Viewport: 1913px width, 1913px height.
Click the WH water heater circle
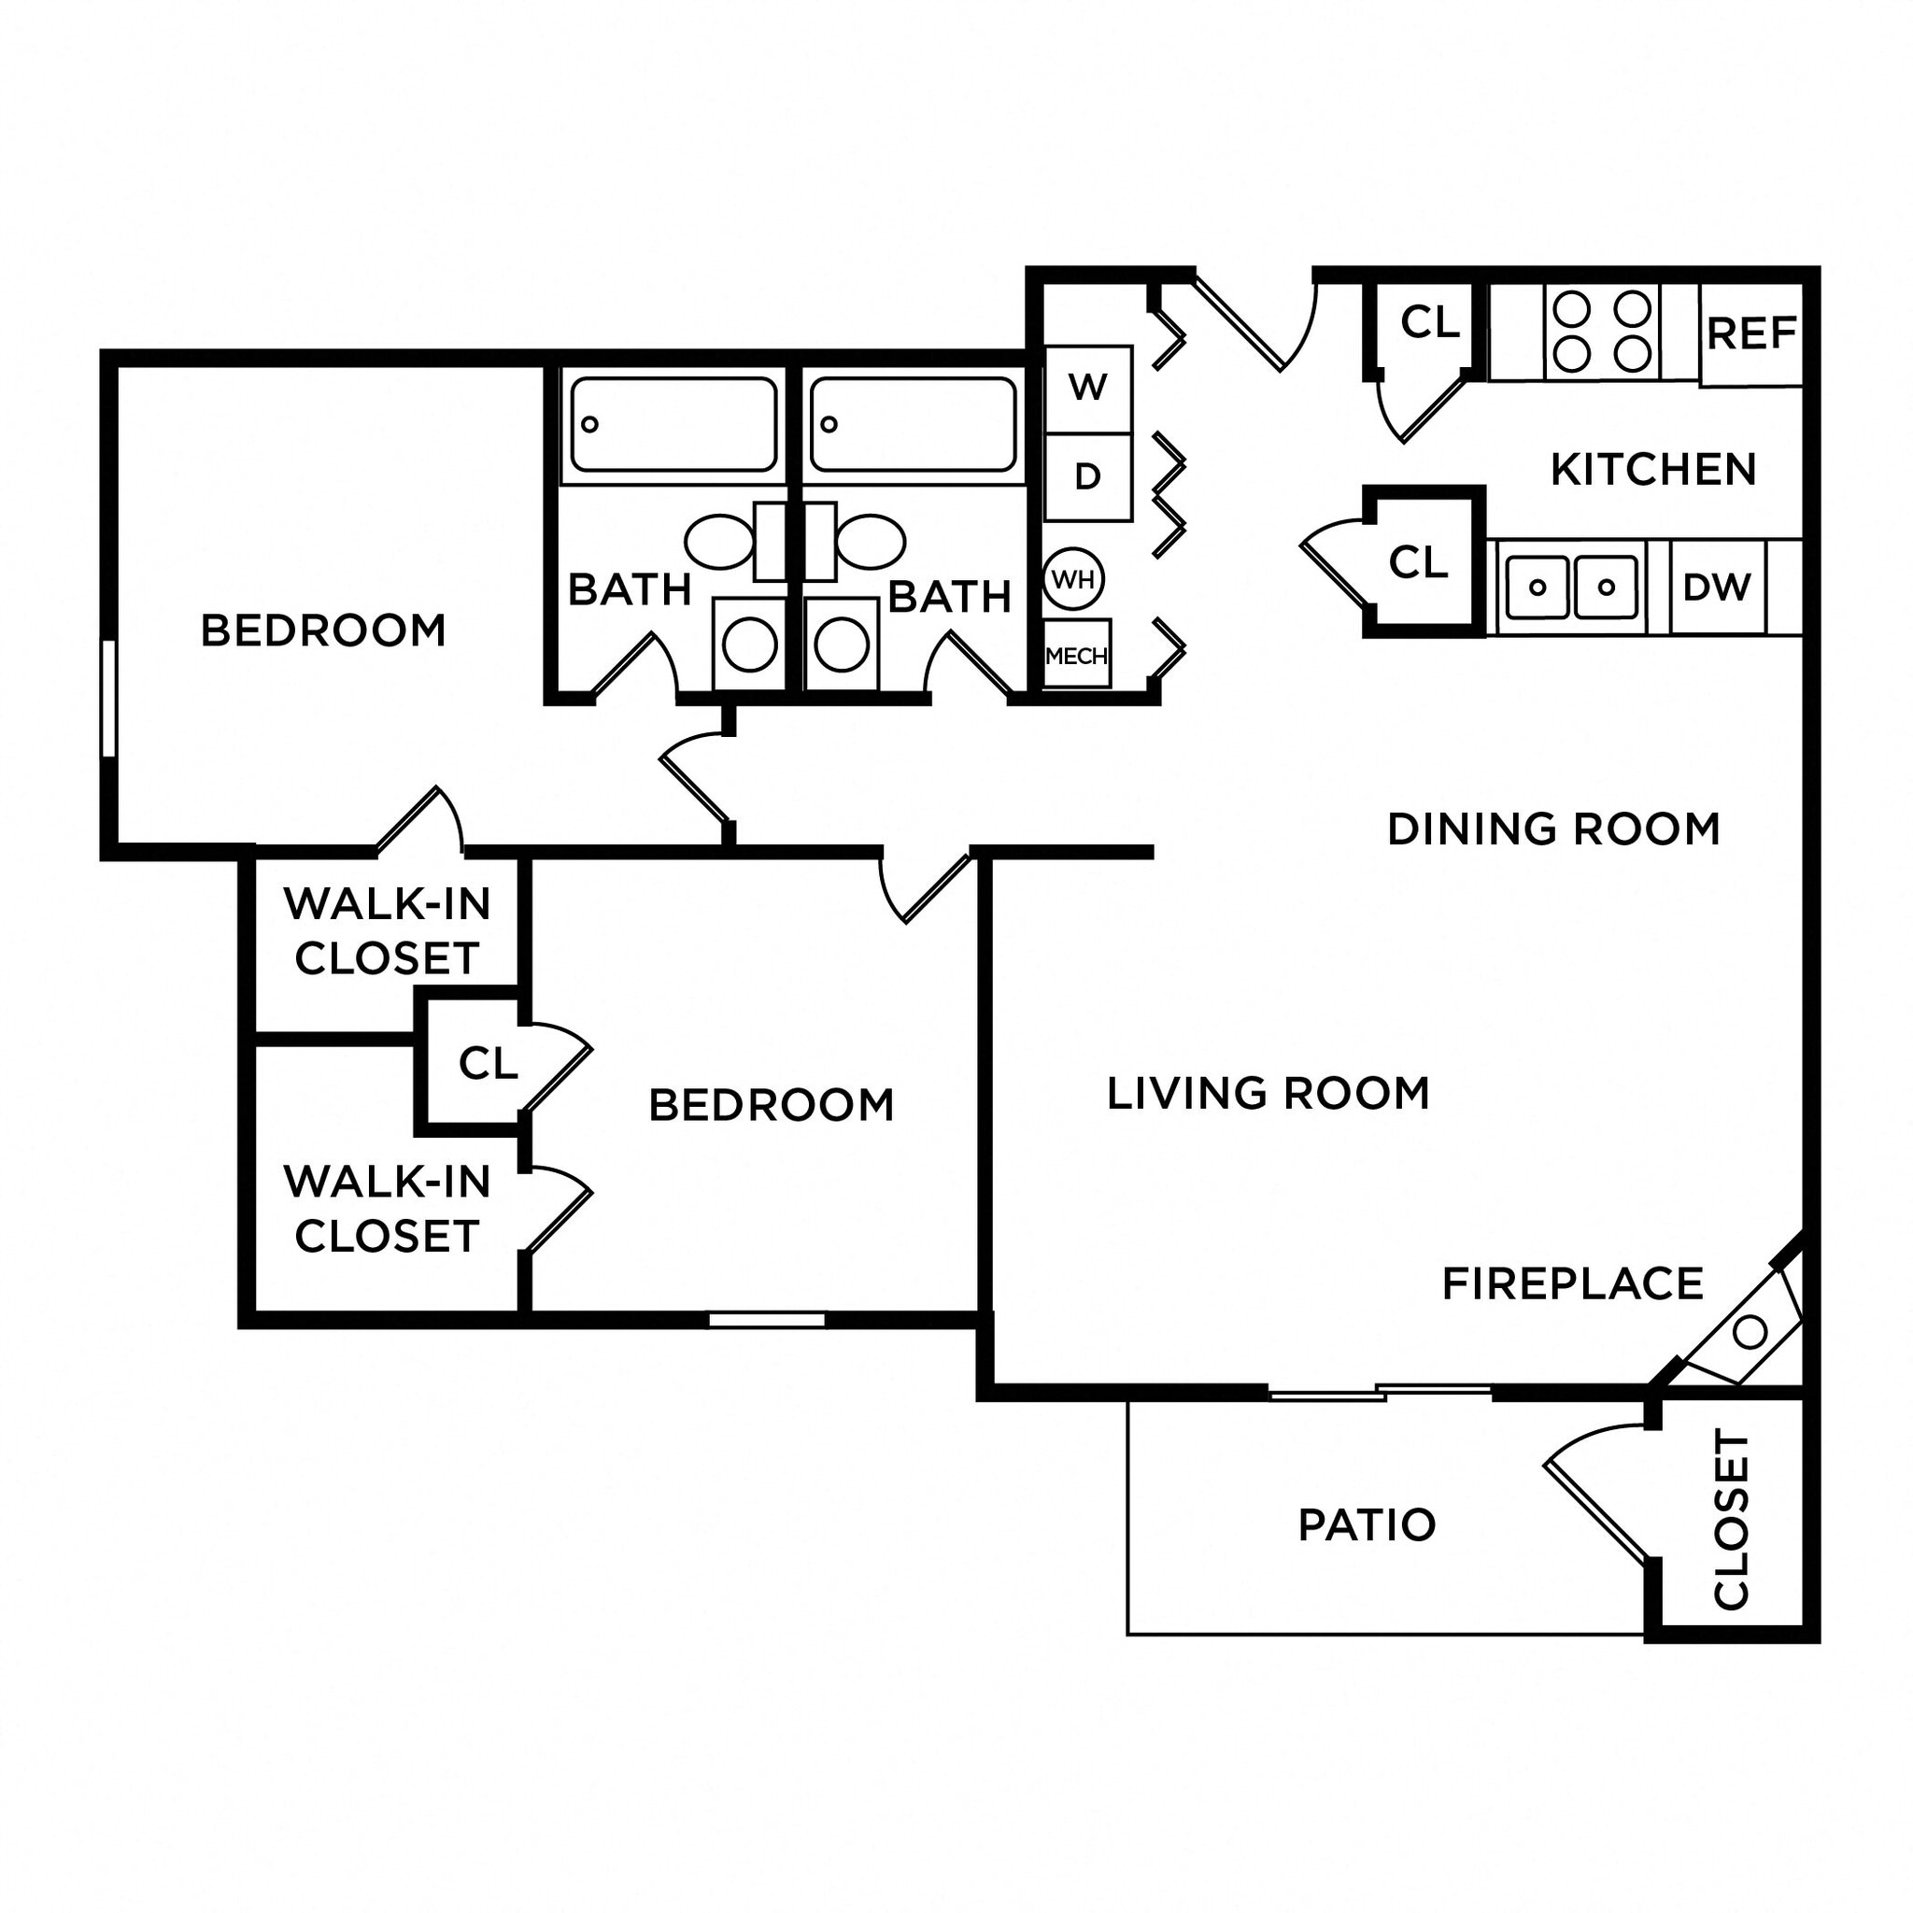click(x=1073, y=579)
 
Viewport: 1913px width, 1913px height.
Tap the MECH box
click(x=1076, y=655)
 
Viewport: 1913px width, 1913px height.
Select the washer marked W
click(x=1088, y=389)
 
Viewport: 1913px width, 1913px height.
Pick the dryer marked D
click(x=1088, y=477)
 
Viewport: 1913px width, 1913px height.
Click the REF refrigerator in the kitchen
click(x=1750, y=334)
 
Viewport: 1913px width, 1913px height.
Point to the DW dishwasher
click(x=1717, y=588)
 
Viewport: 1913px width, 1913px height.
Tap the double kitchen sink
click(x=1571, y=588)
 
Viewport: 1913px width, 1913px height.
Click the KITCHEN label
click(x=1652, y=469)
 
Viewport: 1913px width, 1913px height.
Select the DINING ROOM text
click(x=1552, y=829)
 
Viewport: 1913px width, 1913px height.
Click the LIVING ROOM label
click(x=1268, y=1093)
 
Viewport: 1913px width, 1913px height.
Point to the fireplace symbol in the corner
click(x=1749, y=1332)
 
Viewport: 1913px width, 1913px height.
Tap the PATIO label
click(x=1367, y=1524)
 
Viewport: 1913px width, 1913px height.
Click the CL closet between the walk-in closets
click(x=488, y=1063)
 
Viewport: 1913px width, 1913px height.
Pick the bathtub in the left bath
click(x=673, y=424)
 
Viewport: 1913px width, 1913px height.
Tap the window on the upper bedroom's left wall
click(x=109, y=698)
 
